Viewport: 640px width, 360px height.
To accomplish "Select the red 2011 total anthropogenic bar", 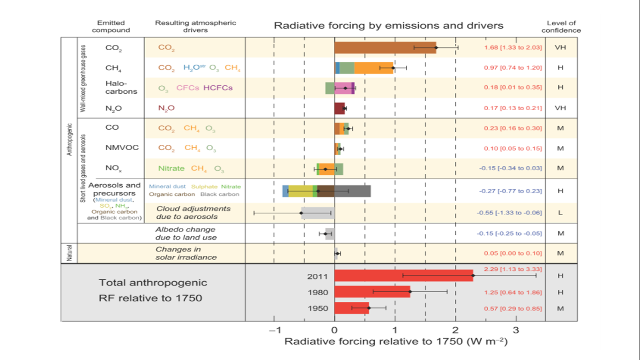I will point(403,276).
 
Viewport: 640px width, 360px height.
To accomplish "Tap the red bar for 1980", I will point(372,292).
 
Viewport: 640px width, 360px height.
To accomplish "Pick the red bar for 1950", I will point(351,308).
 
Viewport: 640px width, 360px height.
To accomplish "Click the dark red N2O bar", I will point(340,108).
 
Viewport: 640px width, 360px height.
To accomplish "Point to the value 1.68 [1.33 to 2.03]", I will point(513,47).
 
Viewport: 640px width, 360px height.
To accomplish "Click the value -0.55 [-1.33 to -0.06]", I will point(509,213).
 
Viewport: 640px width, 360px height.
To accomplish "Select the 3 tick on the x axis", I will point(515,330).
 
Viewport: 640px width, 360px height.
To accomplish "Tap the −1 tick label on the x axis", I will point(274,330).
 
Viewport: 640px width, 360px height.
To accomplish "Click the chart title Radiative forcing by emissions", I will point(388,25).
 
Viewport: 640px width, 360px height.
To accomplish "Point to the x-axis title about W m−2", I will point(396,341).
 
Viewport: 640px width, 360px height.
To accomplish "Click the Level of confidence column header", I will point(561,27).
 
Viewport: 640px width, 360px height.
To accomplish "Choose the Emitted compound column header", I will point(111,27).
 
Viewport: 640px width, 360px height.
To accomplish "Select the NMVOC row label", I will point(122,148).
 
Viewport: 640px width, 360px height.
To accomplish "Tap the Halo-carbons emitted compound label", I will point(121,87).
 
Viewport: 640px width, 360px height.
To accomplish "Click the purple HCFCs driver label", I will point(218,88).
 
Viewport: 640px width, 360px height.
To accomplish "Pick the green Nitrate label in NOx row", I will point(171,168).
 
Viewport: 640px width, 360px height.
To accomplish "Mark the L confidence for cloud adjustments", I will point(560,213).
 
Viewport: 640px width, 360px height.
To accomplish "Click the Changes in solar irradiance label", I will point(186,253).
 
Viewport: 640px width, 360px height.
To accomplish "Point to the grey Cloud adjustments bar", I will point(318,213).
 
